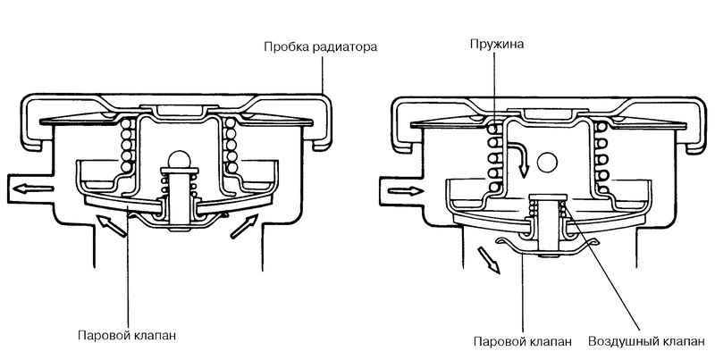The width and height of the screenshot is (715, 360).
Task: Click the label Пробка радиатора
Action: coord(321,47)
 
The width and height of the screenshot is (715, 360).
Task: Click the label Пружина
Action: coord(497,45)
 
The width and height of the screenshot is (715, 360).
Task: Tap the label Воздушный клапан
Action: coord(645,341)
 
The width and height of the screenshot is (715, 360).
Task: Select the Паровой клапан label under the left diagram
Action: coord(127,336)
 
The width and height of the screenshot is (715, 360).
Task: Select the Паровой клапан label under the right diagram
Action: coord(523,341)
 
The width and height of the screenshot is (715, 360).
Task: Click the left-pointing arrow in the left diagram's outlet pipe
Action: coord(33,188)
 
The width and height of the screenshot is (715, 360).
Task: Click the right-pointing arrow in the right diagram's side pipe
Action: coord(406,191)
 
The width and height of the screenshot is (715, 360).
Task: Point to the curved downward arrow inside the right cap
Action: coord(519,161)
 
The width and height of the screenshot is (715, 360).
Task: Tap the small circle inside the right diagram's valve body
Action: coord(547,163)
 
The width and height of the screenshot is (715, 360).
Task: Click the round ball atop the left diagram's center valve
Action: coord(180,159)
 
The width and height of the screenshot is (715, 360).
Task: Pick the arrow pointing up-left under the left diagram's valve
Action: coord(111,226)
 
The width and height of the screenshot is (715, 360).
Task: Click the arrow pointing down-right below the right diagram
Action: coord(488,260)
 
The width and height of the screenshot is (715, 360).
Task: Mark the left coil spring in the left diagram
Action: coord(127,145)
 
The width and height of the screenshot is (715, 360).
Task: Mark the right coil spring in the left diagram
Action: coord(231,145)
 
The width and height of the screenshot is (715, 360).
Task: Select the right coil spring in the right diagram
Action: coord(601,158)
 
